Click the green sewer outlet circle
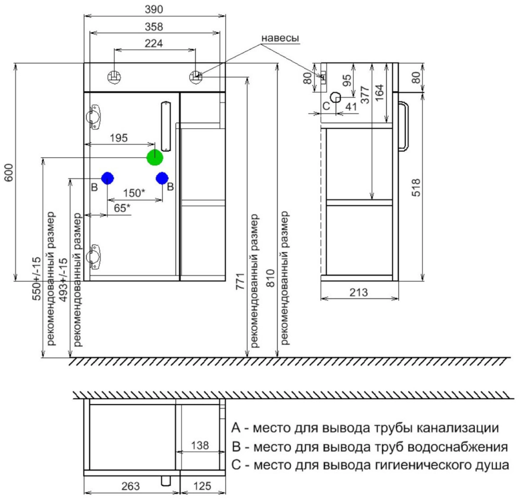pos(155,157)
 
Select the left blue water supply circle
pos(107,178)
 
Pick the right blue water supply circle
pos(162,178)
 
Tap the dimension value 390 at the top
pos(154,10)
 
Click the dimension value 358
pos(154,27)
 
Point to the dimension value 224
pos(154,43)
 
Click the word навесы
pos(280,38)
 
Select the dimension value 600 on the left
pos(9,173)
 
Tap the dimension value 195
pos(119,138)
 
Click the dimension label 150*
pos(134,193)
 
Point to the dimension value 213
pos(359,293)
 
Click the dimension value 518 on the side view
pos(416,188)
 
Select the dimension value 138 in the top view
pos(200,445)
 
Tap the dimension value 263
pos(131,486)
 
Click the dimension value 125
pos(202,486)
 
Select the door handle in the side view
pos(407,126)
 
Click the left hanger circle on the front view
pos(114,77)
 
